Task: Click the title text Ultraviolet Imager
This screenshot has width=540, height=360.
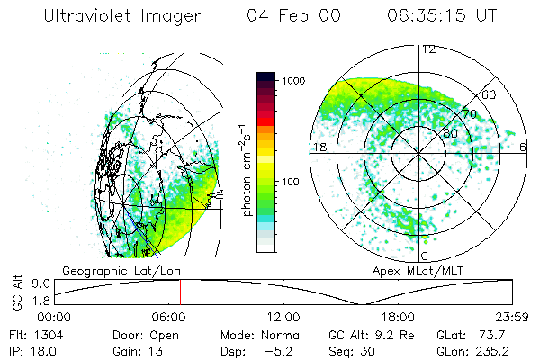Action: [x=124, y=16]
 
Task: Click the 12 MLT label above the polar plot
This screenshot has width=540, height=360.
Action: [x=429, y=49]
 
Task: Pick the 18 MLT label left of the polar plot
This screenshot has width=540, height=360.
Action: [x=318, y=147]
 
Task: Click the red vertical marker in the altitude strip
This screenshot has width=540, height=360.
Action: [x=180, y=292]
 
